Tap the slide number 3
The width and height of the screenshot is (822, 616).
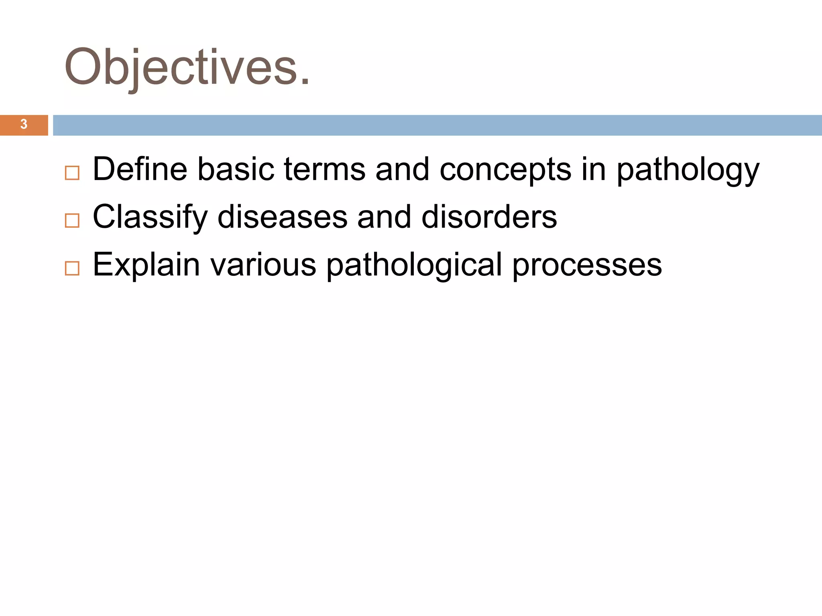[x=24, y=124]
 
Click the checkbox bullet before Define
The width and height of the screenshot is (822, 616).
[x=72, y=173]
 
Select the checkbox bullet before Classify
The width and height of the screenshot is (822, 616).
[x=72, y=221]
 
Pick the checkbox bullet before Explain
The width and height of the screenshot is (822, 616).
[x=72, y=268]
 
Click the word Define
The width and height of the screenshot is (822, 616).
[x=140, y=169]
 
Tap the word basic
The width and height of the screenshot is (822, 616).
[x=236, y=169]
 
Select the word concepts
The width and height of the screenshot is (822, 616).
[x=505, y=169]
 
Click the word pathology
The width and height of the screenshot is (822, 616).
[x=688, y=169]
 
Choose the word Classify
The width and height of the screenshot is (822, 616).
[x=150, y=217]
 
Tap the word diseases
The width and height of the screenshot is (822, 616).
[x=282, y=217]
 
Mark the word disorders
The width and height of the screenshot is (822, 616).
[x=489, y=217]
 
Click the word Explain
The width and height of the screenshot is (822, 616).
[x=146, y=264]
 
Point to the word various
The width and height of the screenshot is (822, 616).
[x=263, y=264]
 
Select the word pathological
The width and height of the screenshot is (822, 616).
[x=414, y=264]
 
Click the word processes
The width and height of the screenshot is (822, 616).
[x=587, y=264]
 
